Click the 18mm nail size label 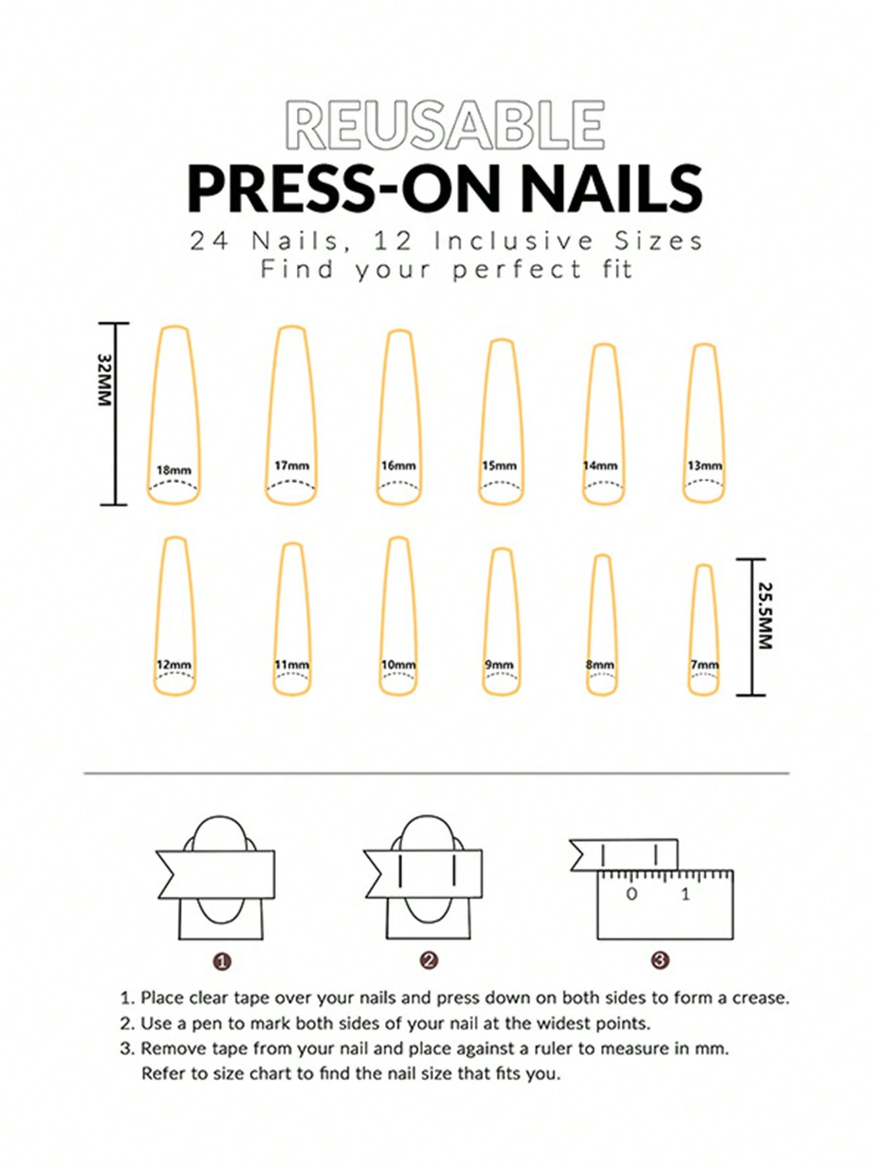point(173,471)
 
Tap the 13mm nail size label point(705,465)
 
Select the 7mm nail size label point(704,665)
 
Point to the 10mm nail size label point(399,664)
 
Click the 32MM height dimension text point(105,380)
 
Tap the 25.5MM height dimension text point(764,616)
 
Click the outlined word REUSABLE point(445,125)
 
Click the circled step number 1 point(223,962)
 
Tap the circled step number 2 point(429,961)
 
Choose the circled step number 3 point(660,961)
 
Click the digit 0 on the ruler point(632,894)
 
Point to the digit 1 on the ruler point(686,894)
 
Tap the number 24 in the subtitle point(209,241)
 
